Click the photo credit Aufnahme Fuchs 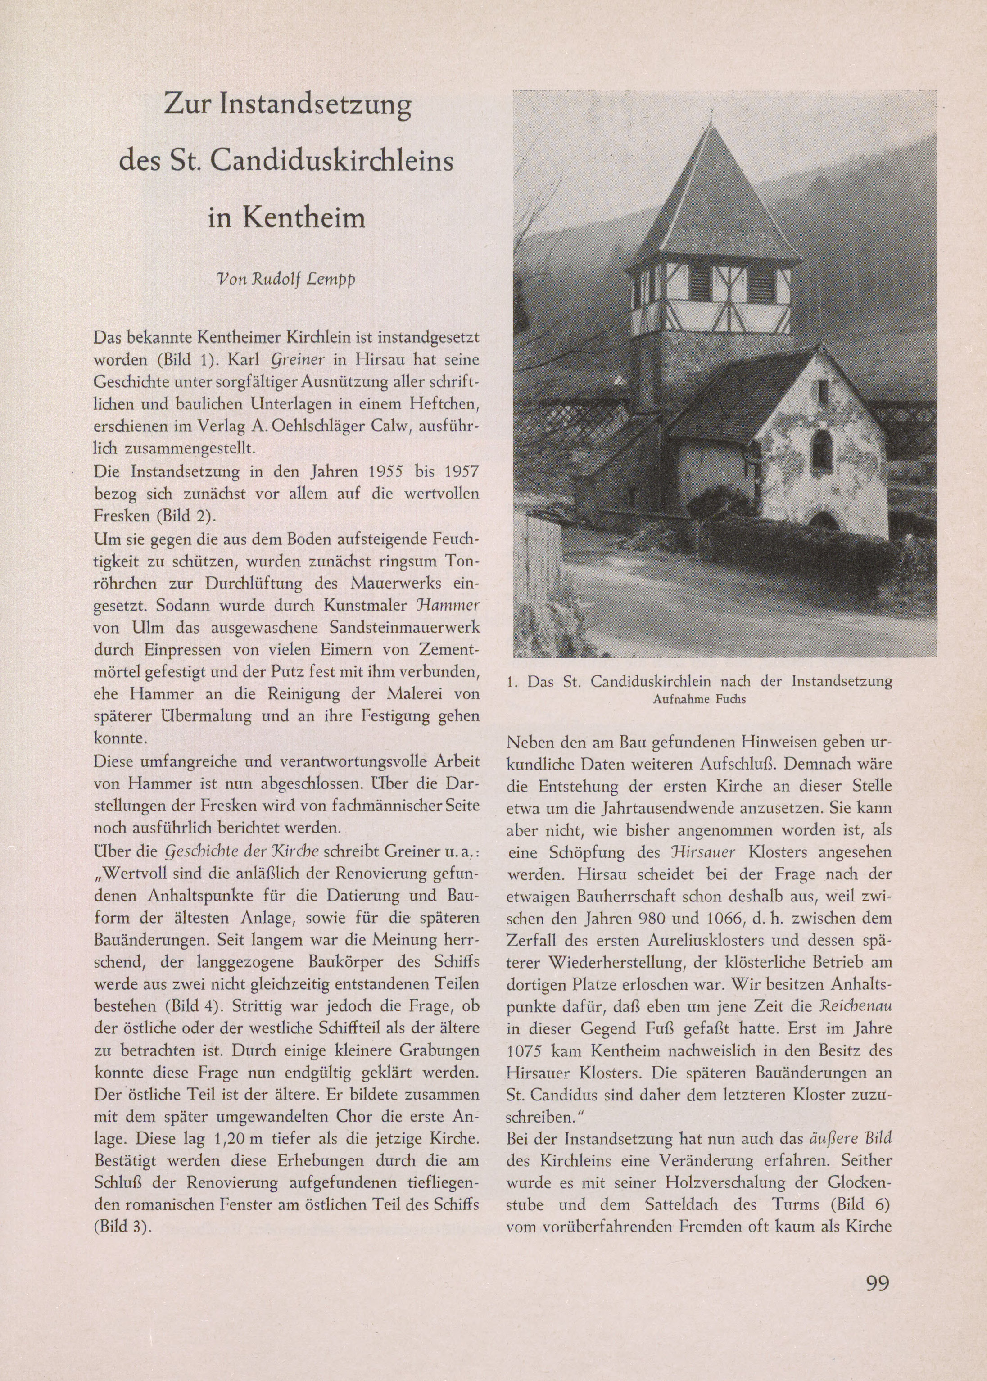[699, 699]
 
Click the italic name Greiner [292, 359]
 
